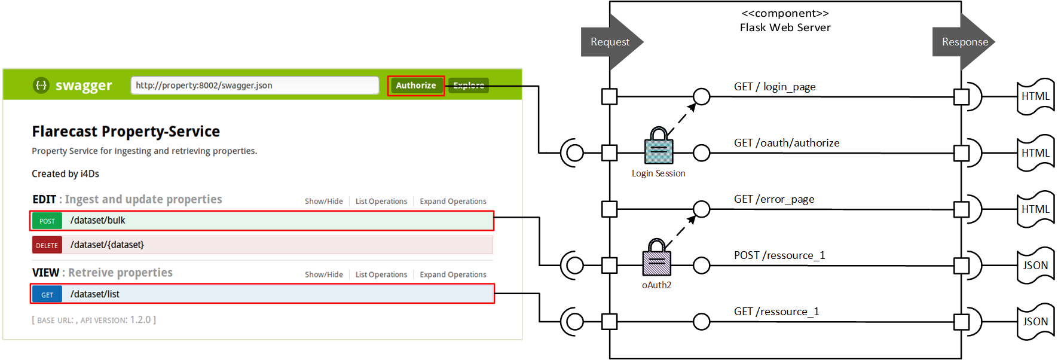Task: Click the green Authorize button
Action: coord(415,86)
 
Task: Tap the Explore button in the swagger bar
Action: coord(469,86)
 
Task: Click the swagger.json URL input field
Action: coord(255,86)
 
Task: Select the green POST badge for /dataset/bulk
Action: coord(47,221)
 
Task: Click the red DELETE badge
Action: coord(47,245)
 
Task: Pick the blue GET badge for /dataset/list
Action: coord(47,294)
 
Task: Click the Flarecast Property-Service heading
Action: coord(126,132)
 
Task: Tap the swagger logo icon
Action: coord(41,86)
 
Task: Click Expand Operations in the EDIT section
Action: coord(452,202)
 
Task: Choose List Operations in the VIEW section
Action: coord(381,274)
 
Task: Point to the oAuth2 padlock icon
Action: coord(657,258)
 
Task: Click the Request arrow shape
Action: coord(610,42)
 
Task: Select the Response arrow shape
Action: coord(964,42)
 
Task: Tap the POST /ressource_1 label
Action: coord(779,255)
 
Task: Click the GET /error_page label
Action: coord(774,199)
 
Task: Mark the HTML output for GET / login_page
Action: coord(1035,96)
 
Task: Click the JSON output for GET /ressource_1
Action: coord(1035,322)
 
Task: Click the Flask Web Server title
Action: coord(785,28)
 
